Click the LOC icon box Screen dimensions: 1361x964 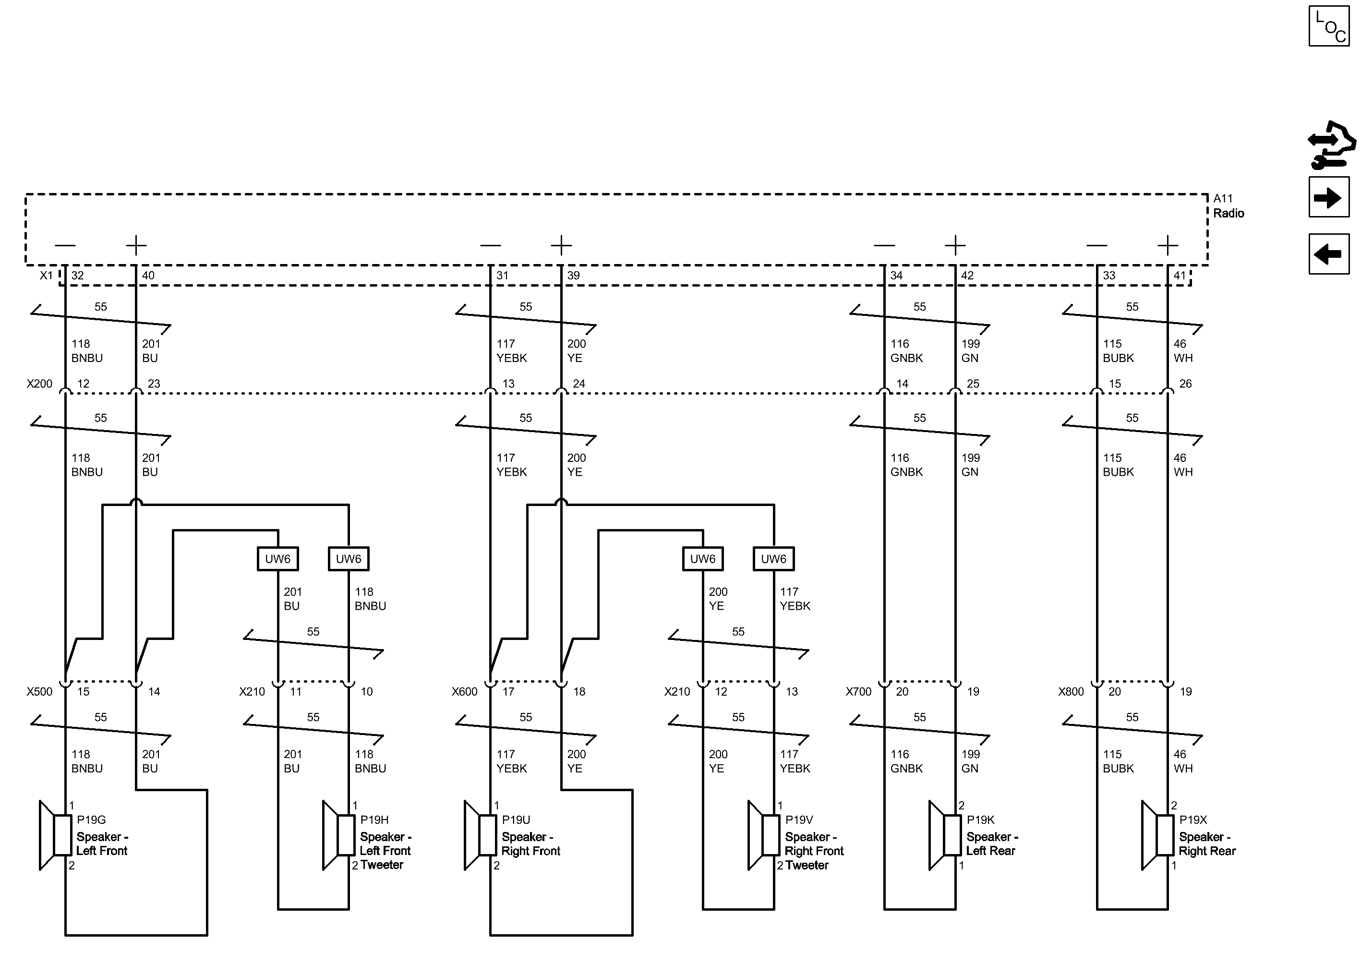(1328, 26)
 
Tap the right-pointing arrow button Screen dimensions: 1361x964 (1328, 197)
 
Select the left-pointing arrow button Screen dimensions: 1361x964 (1328, 254)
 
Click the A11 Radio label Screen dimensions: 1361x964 (1228, 206)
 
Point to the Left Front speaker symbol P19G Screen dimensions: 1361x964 (56, 835)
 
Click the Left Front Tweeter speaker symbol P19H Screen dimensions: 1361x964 (339, 835)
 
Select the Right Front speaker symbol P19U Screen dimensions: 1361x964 (480, 835)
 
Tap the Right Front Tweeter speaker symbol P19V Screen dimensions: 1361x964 (764, 835)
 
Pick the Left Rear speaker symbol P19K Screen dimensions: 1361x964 (945, 835)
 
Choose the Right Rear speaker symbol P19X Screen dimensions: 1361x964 (1157, 835)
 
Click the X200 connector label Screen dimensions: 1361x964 (39, 384)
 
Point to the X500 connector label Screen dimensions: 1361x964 (39, 691)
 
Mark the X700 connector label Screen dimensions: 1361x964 (858, 691)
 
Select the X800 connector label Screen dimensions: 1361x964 (1071, 691)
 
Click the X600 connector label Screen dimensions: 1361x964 (464, 691)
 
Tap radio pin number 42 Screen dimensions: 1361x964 (967, 276)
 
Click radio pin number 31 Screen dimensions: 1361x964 (503, 276)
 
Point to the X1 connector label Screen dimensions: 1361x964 (46, 276)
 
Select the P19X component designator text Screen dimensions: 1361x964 (1193, 820)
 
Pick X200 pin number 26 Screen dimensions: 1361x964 (1185, 384)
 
